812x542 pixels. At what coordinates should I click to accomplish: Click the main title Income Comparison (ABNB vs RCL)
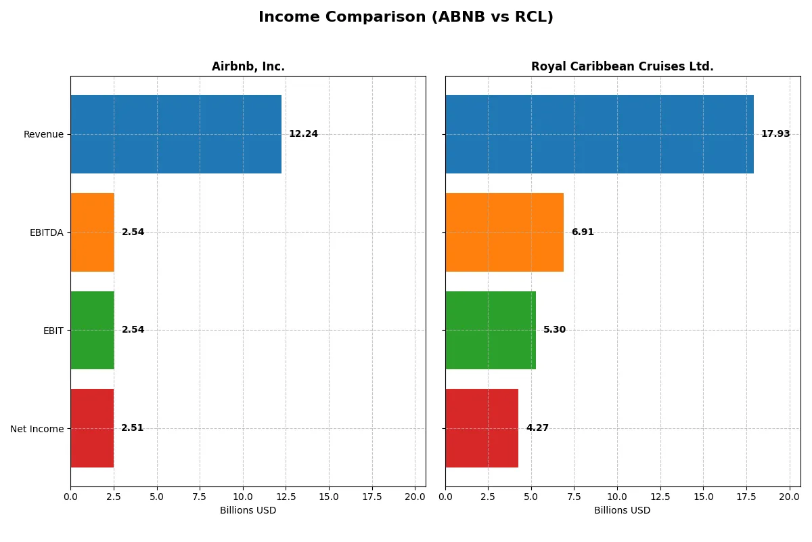(405, 17)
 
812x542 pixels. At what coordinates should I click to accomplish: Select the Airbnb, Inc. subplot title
(248, 66)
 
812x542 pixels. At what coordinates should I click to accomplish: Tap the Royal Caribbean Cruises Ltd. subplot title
(622, 66)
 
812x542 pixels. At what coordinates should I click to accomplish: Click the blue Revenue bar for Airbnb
(176, 134)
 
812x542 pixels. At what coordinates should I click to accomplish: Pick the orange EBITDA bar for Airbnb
(92, 232)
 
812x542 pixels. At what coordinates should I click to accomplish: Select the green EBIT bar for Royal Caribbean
(490, 330)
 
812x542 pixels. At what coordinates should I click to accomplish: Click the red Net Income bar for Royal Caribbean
(481, 428)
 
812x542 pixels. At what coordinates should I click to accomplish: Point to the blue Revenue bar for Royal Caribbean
(599, 134)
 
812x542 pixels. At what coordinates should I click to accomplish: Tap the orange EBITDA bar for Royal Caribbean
(504, 232)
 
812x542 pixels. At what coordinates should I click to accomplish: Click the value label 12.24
(303, 134)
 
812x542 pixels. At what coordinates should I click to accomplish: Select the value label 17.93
(775, 134)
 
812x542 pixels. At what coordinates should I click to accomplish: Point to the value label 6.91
(582, 232)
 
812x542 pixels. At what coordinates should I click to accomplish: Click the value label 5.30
(554, 330)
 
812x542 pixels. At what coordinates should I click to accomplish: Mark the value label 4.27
(537, 428)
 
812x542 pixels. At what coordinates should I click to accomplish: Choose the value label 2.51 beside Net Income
(132, 428)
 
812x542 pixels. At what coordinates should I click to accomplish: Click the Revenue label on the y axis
(43, 134)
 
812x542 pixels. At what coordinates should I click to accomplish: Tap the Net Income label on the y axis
(37, 428)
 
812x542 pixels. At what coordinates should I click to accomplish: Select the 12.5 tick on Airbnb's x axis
(286, 497)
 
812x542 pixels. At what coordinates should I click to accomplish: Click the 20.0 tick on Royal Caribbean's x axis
(789, 497)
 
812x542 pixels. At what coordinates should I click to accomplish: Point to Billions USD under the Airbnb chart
(248, 511)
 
